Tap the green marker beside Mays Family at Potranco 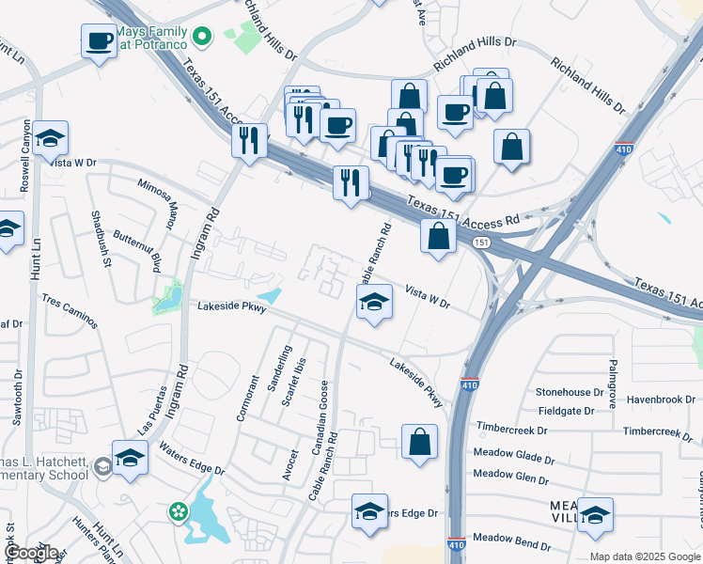click(201, 37)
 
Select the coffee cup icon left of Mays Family click(99, 41)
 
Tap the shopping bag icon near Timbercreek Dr click(419, 441)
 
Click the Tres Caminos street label click(70, 311)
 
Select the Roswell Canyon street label click(25, 162)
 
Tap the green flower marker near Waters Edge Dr click(177, 511)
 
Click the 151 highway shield click(481, 243)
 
